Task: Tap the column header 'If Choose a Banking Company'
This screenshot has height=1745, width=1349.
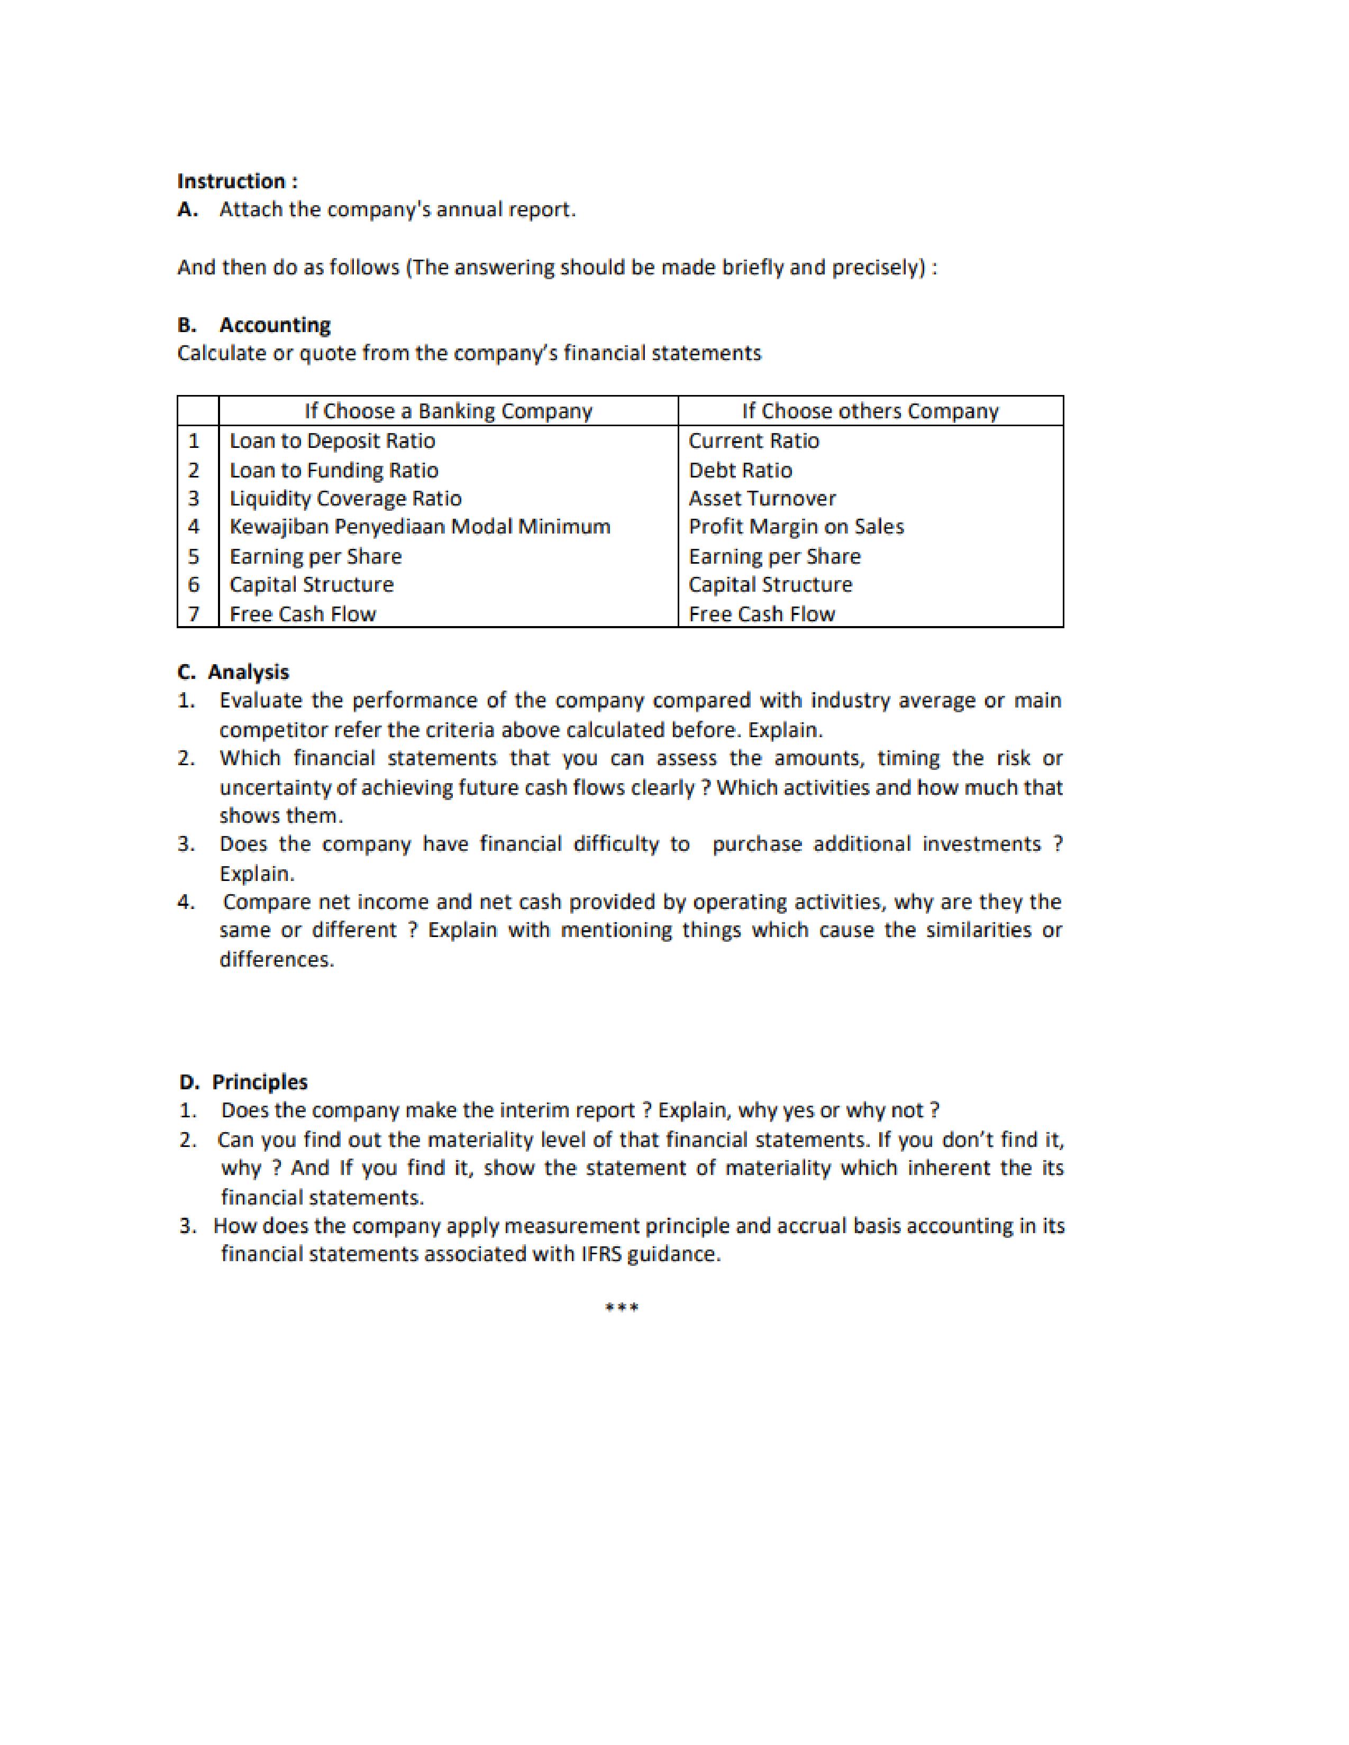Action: click(448, 411)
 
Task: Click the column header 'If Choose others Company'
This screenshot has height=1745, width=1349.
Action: click(870, 411)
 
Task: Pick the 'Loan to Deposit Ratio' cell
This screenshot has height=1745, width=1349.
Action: click(332, 440)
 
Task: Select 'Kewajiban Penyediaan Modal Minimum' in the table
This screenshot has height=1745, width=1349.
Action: click(420, 527)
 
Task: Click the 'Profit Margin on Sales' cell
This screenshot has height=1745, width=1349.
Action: click(796, 527)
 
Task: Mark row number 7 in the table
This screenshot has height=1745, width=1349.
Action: click(194, 613)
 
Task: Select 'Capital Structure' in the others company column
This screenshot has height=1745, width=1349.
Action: click(770, 584)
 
